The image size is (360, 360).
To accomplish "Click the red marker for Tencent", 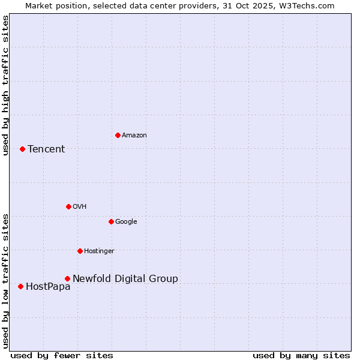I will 22,149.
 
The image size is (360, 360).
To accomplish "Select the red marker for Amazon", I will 118,135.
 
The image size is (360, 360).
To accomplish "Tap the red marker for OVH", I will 68,206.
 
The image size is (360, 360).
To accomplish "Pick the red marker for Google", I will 111,221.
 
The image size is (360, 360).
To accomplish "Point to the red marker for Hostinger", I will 80,251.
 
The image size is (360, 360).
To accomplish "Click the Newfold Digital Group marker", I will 67,278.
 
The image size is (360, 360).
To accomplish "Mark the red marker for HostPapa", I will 20,286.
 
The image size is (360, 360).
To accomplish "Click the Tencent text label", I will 46,149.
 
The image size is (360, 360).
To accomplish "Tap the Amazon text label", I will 134,136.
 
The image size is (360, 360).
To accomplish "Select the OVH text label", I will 79,207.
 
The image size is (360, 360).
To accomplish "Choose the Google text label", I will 126,222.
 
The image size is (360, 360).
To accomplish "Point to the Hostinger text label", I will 99,251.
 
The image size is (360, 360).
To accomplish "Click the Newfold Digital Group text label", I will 125,279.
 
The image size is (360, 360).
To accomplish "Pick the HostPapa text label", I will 48,287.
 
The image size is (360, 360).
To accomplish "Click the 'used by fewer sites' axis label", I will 62,356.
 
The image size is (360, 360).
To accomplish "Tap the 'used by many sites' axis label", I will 301,356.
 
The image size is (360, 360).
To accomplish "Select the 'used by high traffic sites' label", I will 5,85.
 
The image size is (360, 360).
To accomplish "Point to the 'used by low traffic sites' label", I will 5,280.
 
